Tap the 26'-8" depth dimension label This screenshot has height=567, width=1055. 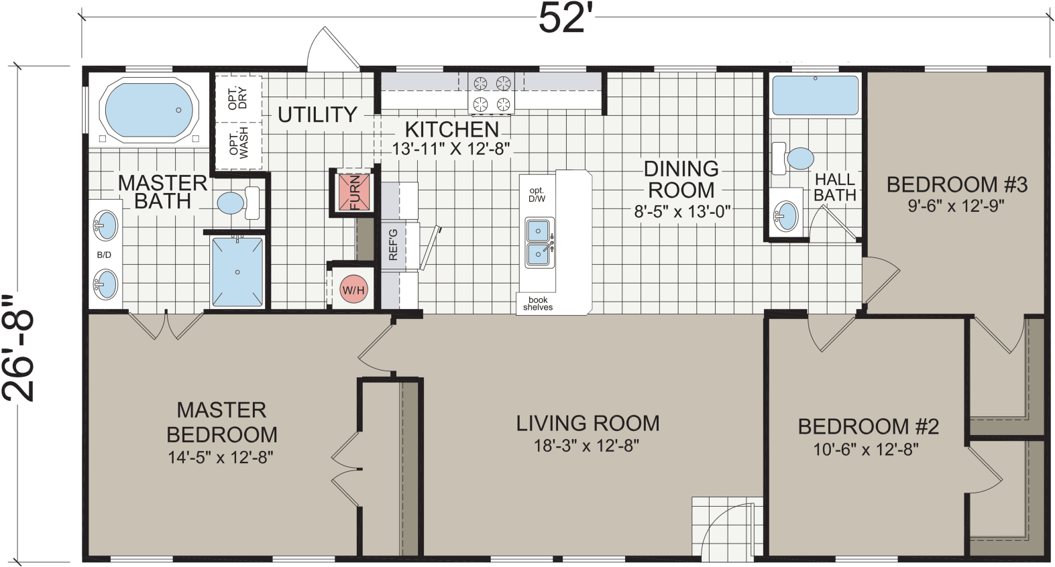18,349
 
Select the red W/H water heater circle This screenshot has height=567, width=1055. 353,290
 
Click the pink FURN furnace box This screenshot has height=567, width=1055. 353,192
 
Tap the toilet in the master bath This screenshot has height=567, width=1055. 239,203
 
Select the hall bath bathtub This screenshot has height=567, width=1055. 816,96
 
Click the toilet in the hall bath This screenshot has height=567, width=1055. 793,159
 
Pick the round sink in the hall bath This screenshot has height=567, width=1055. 786,216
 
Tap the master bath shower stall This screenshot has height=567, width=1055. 237,272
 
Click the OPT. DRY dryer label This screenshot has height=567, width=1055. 238,98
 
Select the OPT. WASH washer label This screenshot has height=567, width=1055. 239,143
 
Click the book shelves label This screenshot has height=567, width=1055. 538,304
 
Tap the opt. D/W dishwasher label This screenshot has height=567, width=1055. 537,194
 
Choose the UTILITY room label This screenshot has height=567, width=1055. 317,115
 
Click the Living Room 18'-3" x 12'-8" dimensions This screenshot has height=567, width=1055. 586,445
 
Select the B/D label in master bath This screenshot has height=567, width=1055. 104,255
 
